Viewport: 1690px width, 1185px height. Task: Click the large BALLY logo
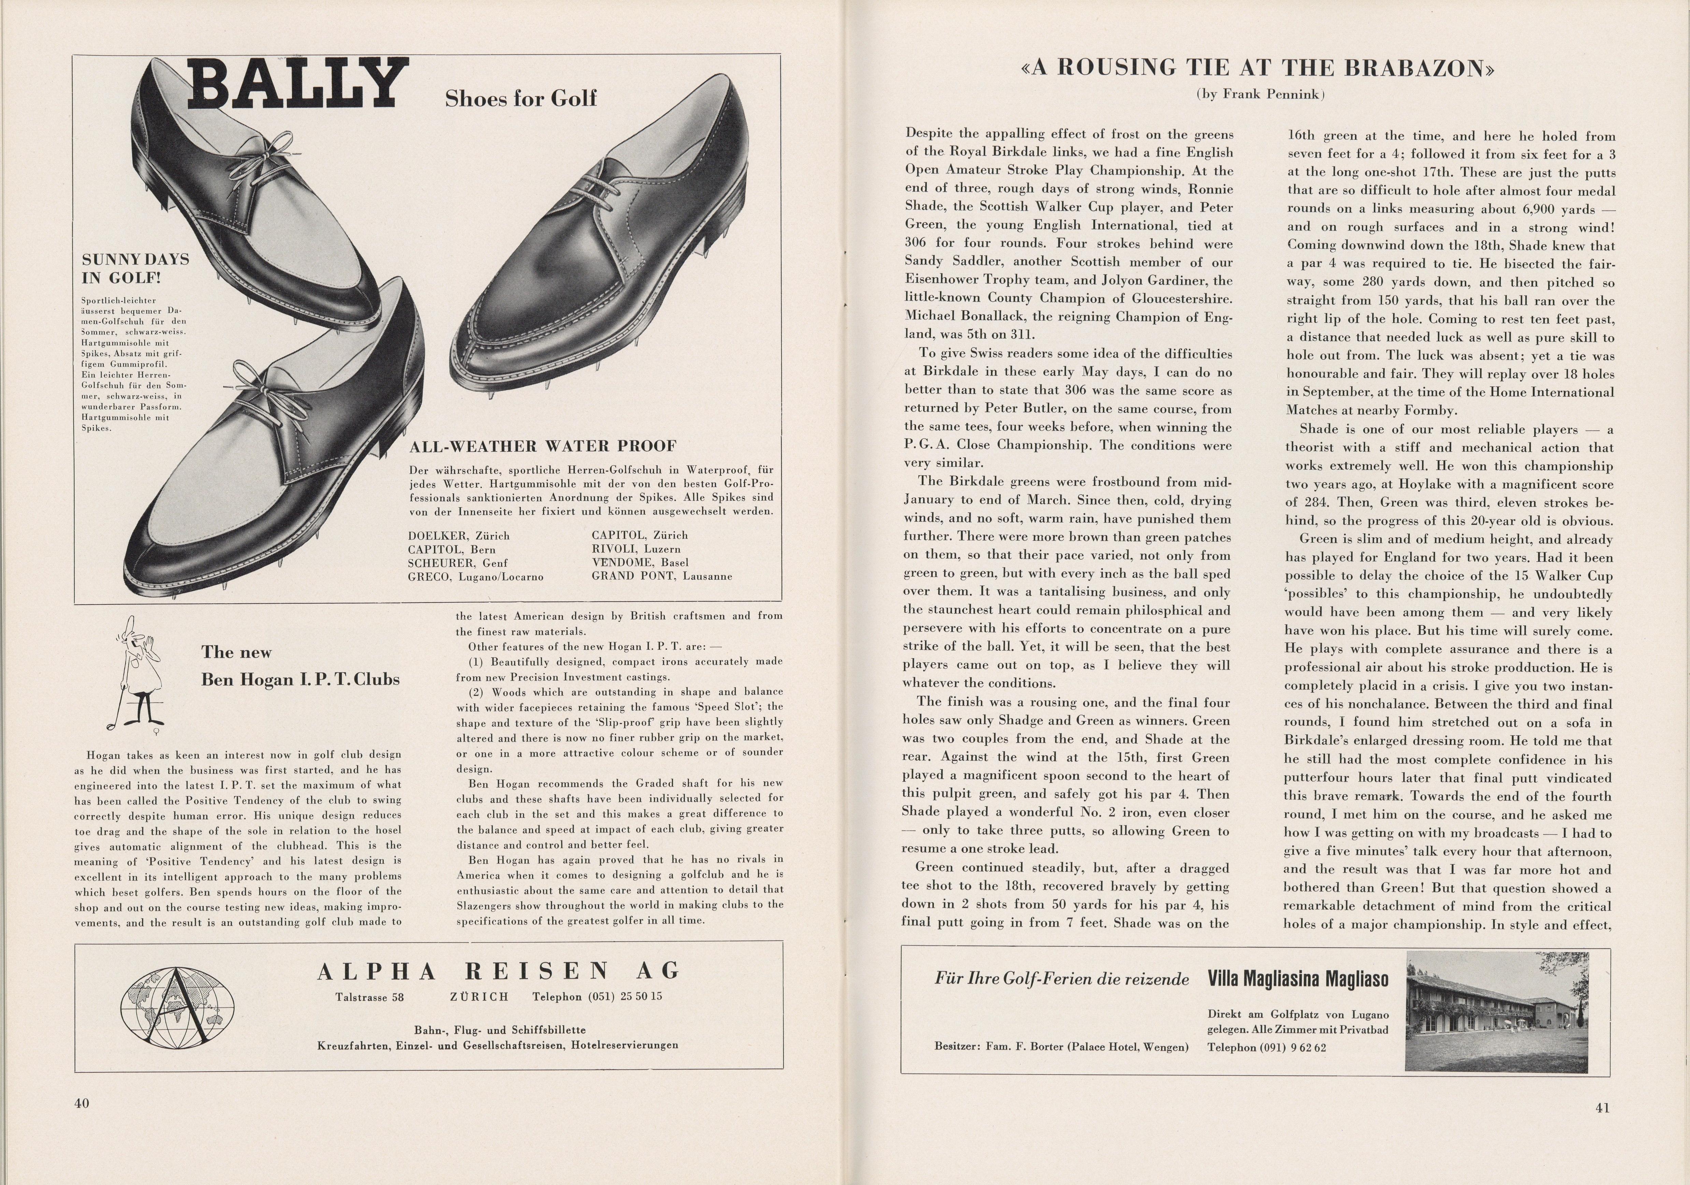tap(298, 84)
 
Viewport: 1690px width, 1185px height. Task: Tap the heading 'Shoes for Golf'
tap(520, 98)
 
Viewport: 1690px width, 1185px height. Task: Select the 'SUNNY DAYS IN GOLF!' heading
tap(135, 269)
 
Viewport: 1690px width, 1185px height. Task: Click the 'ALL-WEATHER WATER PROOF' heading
tap(542, 446)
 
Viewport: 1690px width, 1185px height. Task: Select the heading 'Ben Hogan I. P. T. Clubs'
tap(300, 679)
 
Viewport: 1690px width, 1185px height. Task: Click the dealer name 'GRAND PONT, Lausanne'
tap(662, 576)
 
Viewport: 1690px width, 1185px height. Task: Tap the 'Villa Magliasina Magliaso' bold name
tap(1298, 979)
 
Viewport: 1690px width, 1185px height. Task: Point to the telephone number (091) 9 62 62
tap(1267, 1047)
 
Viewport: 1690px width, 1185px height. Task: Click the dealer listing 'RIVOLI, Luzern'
tap(636, 549)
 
